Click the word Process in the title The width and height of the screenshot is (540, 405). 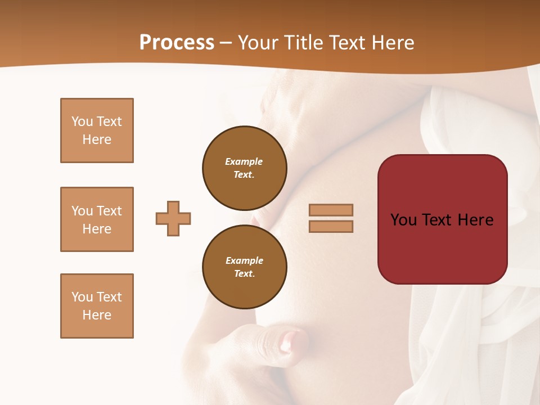click(177, 43)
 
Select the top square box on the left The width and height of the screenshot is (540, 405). click(97, 130)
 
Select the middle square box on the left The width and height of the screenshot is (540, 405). click(97, 219)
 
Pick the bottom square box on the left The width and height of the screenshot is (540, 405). click(97, 306)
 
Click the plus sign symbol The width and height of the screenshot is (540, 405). click(173, 218)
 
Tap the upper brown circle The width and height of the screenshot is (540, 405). click(245, 168)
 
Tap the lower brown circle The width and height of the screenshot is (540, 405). click(245, 267)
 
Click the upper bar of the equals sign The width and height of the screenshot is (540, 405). click(331, 210)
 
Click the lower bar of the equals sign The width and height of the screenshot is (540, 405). click(331, 227)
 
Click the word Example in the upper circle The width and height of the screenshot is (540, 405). click(244, 161)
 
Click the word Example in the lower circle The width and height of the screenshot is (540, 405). click(244, 260)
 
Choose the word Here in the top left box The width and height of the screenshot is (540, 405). click(97, 139)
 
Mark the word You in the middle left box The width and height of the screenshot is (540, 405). click(82, 211)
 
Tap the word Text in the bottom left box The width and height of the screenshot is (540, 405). click(109, 297)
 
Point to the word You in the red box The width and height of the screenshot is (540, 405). click(403, 220)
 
